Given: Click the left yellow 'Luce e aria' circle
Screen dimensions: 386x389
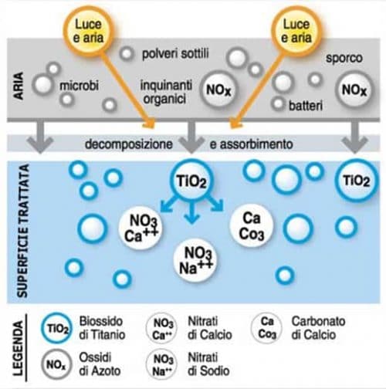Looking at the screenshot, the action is click(88, 31).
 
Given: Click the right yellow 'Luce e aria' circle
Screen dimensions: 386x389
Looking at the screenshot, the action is click(296, 31).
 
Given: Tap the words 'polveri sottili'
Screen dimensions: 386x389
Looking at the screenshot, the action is click(175, 53).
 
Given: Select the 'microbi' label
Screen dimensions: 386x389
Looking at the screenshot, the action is click(79, 85).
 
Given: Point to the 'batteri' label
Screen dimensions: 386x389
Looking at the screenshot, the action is click(306, 106).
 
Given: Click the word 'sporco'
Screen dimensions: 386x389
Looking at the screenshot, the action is click(344, 58).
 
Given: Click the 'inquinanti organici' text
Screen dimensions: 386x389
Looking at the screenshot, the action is click(166, 92).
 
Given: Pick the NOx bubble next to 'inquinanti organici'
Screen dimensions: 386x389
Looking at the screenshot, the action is click(218, 90).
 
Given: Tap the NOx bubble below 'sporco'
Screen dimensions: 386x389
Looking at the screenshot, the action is click(354, 90).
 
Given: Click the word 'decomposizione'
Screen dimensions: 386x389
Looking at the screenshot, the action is click(129, 144).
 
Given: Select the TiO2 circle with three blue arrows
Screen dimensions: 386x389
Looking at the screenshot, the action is click(191, 181).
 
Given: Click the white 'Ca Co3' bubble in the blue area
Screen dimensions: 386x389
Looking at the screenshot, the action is click(251, 226).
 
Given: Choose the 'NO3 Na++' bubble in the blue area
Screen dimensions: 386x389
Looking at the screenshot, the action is click(195, 260).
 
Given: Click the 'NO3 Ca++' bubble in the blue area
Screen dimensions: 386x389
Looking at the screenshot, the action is click(141, 228).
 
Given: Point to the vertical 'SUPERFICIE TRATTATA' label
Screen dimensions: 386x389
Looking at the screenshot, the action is click(22, 231).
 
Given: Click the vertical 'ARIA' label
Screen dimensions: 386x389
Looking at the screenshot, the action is click(19, 86).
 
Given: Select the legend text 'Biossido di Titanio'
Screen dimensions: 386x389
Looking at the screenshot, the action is click(102, 328).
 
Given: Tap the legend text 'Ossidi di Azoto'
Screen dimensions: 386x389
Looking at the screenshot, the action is click(100, 364).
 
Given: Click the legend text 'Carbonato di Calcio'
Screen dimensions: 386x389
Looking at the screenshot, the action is click(318, 328).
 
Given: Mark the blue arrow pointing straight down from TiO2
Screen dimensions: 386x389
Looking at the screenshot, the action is click(191, 213).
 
